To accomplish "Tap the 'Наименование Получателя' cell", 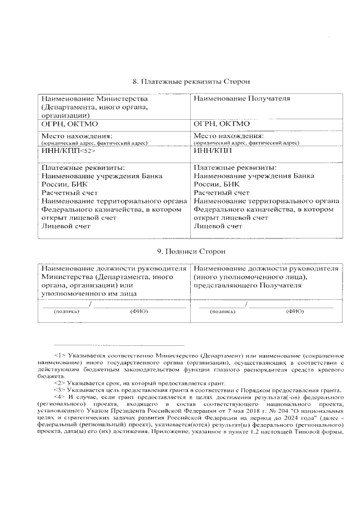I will tap(242, 98).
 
